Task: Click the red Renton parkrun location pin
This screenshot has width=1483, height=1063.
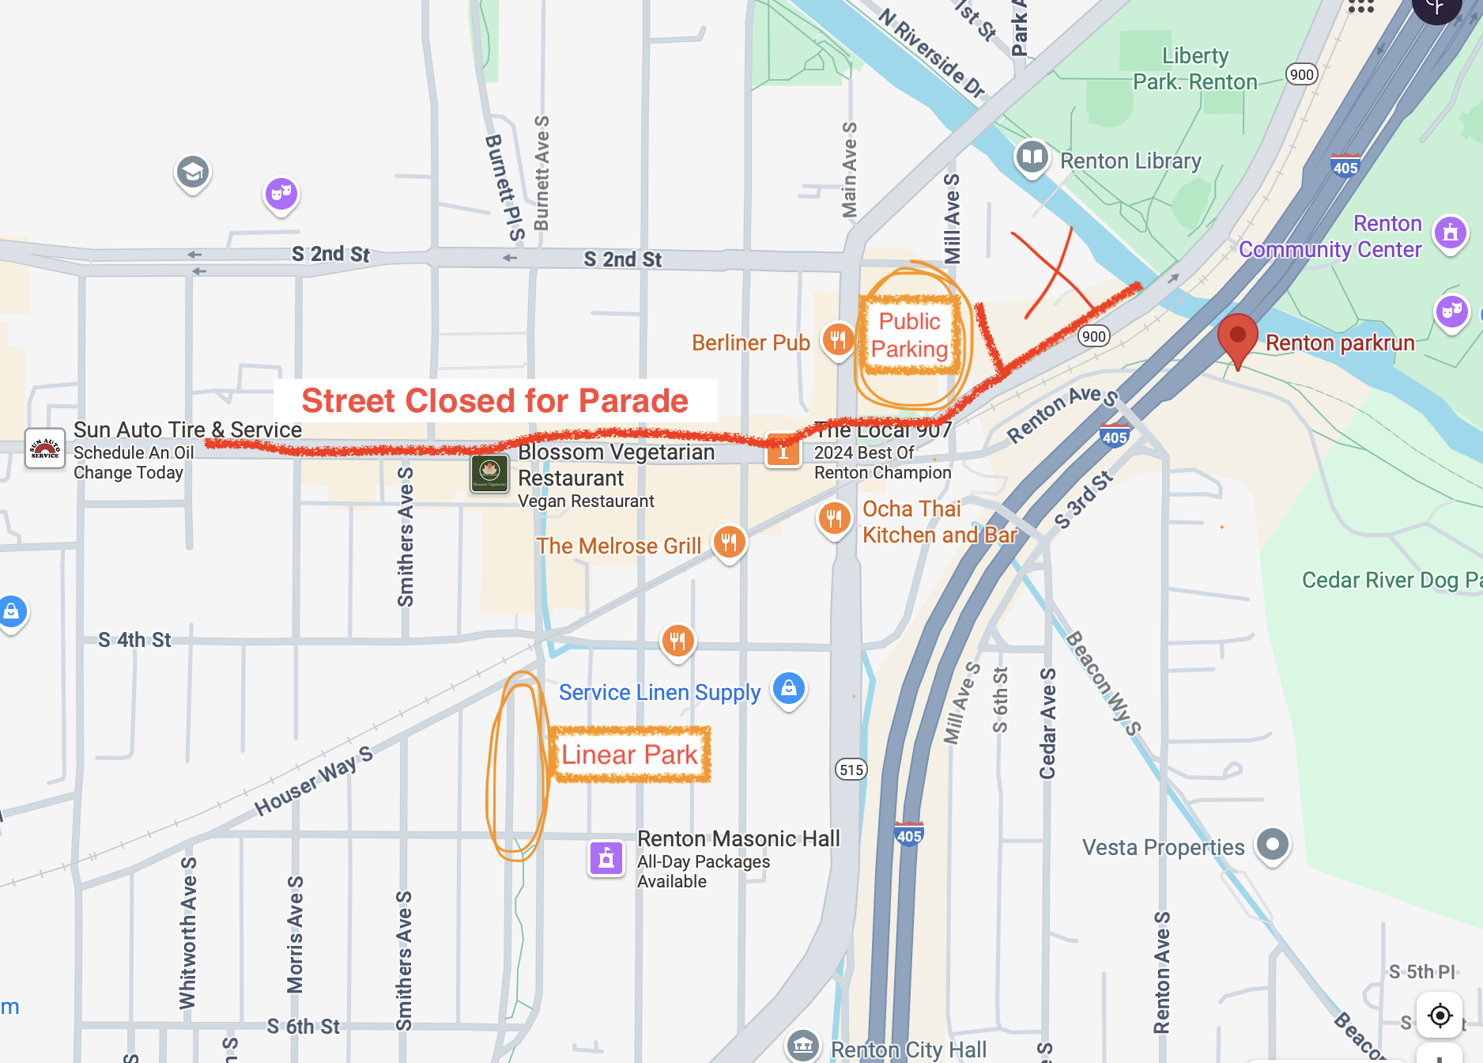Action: (x=1237, y=336)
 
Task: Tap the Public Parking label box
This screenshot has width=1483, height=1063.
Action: (x=910, y=335)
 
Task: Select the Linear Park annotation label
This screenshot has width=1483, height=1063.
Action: (x=629, y=755)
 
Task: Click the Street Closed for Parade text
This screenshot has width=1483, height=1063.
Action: (x=495, y=401)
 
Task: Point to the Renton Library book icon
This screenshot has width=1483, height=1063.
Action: (x=1032, y=157)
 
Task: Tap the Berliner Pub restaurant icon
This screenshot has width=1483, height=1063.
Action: (x=837, y=340)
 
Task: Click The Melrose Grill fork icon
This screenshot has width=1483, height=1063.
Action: (x=729, y=543)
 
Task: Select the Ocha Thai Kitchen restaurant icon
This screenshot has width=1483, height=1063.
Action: (x=834, y=519)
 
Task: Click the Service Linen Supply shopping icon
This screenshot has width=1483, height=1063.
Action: (x=789, y=689)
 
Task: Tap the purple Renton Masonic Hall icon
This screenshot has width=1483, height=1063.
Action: (x=606, y=858)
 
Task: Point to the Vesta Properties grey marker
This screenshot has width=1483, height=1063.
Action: (x=1272, y=845)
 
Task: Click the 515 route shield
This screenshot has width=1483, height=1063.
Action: (x=851, y=770)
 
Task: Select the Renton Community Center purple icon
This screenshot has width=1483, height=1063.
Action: (x=1450, y=233)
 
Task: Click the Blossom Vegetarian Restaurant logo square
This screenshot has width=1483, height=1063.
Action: (x=489, y=473)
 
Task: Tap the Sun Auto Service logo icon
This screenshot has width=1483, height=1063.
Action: (x=44, y=449)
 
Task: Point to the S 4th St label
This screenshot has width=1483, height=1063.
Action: (x=134, y=640)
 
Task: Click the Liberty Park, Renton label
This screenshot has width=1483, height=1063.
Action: (x=1194, y=69)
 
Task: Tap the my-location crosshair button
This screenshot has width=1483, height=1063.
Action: (x=1440, y=1015)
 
